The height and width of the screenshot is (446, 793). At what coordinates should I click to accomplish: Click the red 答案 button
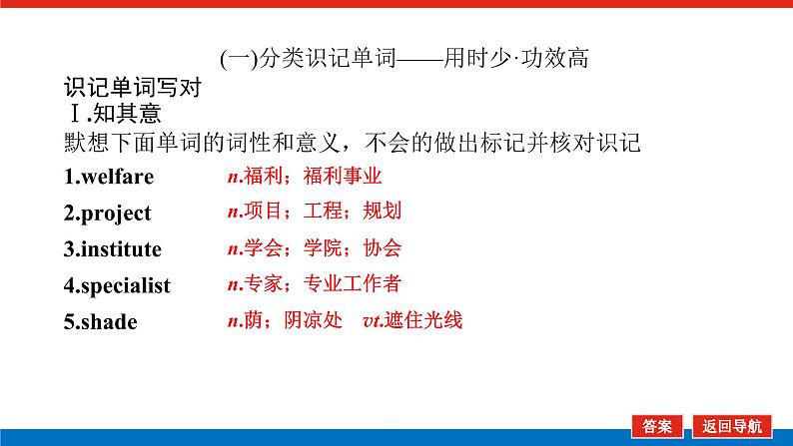657,426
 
